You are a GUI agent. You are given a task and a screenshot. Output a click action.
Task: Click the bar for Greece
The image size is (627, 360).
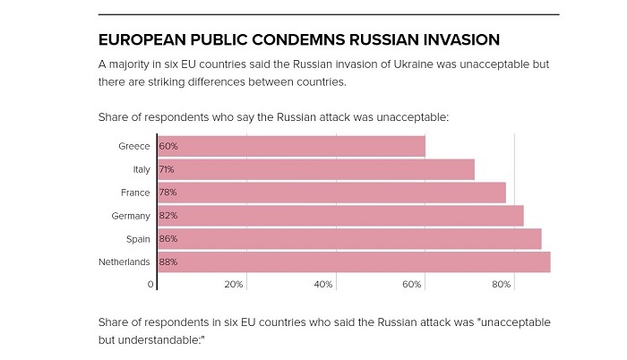pyautogui.click(x=291, y=146)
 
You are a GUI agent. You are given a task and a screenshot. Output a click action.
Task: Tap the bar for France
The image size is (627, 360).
pyautogui.click(x=331, y=193)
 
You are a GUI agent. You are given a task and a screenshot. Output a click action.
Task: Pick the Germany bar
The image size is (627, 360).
pyautogui.click(x=340, y=216)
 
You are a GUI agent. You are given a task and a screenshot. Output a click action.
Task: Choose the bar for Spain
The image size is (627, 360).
pyautogui.click(x=349, y=239)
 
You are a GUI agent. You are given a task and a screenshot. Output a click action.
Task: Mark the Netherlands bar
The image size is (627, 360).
pyautogui.click(x=354, y=262)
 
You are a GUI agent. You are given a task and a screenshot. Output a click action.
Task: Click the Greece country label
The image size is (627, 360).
pyautogui.click(x=134, y=146)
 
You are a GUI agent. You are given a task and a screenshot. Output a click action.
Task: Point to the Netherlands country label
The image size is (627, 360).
pyautogui.click(x=125, y=262)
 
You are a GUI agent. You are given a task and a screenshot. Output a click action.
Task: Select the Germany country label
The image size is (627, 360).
pyautogui.click(x=131, y=216)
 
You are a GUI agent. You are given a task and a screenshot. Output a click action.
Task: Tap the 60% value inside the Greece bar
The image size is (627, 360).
pyautogui.click(x=168, y=146)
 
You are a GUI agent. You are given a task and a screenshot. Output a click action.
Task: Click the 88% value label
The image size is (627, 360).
pyautogui.click(x=168, y=262)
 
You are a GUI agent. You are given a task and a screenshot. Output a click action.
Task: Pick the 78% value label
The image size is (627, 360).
pyautogui.click(x=168, y=193)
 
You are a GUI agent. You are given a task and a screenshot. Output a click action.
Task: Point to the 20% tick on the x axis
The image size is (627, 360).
pyautogui.click(x=234, y=284)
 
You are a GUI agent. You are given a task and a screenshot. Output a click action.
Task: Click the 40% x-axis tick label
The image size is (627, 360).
pyautogui.click(x=323, y=284)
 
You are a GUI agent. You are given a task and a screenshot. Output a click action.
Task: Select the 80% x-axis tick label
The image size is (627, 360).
pyautogui.click(x=502, y=284)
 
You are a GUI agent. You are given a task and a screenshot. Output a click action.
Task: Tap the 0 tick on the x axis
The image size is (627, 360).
pyautogui.click(x=150, y=284)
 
